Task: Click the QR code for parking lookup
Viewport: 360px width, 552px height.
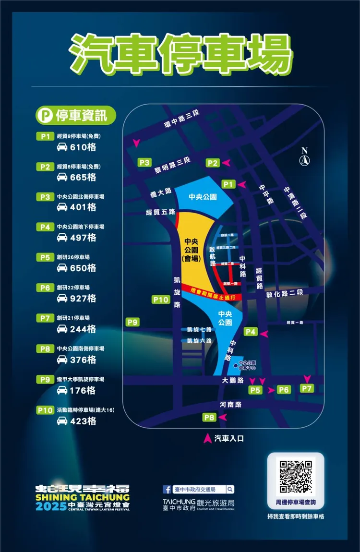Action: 296,476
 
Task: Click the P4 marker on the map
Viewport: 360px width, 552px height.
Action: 251,332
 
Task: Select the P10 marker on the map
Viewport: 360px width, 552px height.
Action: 161,300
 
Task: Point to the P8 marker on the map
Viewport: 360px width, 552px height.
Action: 209,417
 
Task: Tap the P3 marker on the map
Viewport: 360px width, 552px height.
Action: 144,162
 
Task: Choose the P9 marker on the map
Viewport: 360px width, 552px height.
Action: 132,322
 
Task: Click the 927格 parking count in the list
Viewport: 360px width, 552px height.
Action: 83,299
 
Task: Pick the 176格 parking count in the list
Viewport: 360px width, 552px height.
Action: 83,391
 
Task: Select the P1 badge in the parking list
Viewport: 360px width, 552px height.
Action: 45,136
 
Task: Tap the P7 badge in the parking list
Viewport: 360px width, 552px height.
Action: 45,318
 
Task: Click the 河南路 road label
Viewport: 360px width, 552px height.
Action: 230,405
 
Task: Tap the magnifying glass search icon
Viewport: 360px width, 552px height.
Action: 230,490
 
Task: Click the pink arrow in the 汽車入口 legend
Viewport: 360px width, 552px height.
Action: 208,438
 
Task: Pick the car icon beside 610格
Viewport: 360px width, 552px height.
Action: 62,147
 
